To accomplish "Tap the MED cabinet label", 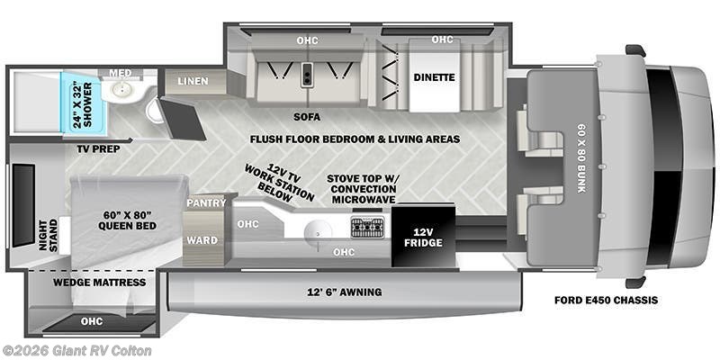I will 120,72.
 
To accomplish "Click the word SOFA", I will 307,116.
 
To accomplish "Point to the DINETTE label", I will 436,77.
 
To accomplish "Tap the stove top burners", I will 366,225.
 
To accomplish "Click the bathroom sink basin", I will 116,92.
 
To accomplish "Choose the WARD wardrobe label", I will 201,239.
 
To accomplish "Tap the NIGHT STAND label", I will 50,236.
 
